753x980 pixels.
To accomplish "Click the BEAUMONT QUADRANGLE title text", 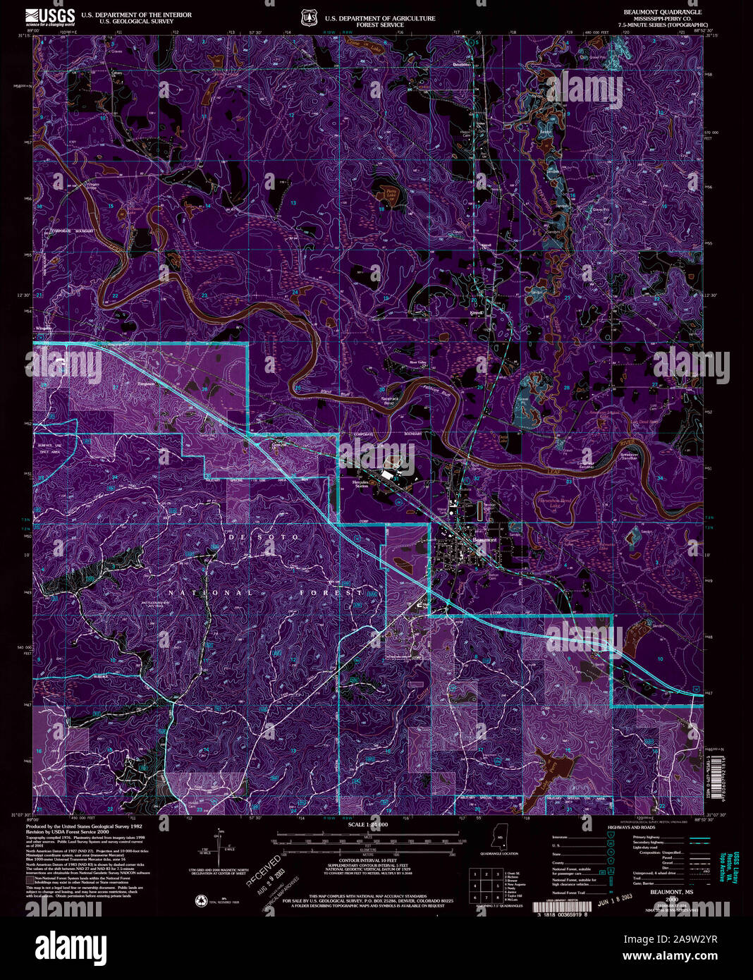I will tap(662, 13).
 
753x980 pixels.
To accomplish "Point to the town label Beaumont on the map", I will tap(484, 539).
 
